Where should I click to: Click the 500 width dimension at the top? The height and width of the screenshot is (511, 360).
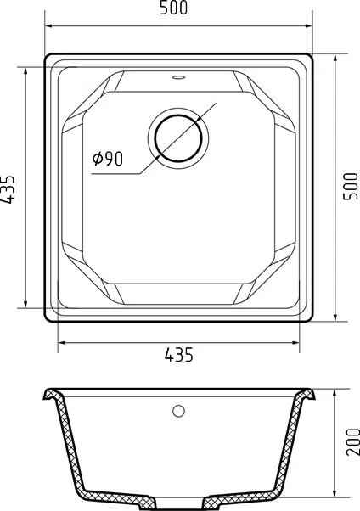173,8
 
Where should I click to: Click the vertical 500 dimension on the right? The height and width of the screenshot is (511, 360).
351,187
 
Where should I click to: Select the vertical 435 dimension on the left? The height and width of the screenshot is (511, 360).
8,190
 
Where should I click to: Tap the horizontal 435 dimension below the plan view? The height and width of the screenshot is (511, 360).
178,355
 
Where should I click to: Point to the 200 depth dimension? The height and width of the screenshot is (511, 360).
352,442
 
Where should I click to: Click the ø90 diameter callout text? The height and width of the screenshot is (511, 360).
108,159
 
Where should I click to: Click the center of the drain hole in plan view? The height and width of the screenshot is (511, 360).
178,138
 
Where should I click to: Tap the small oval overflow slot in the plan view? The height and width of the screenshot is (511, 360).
178,77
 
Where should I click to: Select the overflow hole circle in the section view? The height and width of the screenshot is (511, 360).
178,411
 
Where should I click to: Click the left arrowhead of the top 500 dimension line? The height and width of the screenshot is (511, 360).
48,25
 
